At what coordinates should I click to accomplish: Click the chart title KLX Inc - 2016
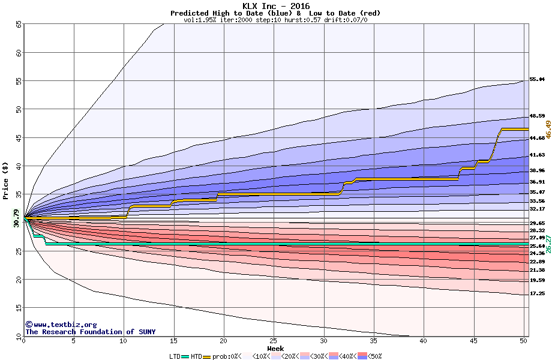(276, 5)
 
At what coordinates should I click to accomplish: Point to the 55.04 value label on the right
(537, 79)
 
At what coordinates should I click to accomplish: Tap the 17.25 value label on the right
(537, 294)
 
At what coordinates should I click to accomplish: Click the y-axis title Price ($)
(7, 180)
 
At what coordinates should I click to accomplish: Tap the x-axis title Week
(275, 349)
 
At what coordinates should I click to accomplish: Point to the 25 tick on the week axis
(274, 341)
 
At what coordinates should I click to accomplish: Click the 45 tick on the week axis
(473, 341)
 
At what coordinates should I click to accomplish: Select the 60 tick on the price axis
(19, 53)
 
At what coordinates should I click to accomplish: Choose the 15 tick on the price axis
(19, 308)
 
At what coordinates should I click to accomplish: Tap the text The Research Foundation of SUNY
(90, 332)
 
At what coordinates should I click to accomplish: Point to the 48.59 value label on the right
(537, 116)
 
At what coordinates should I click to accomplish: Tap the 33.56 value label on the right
(537, 201)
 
